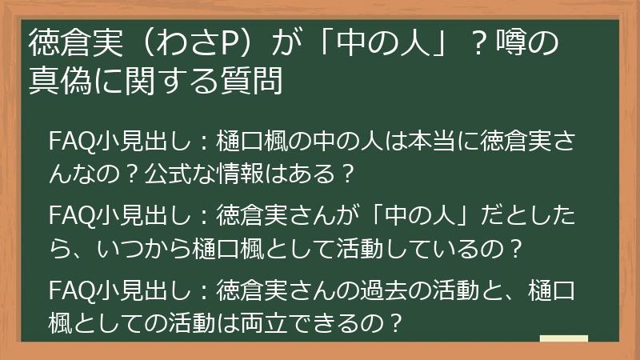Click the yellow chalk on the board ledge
pyautogui.click(x=564, y=339)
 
